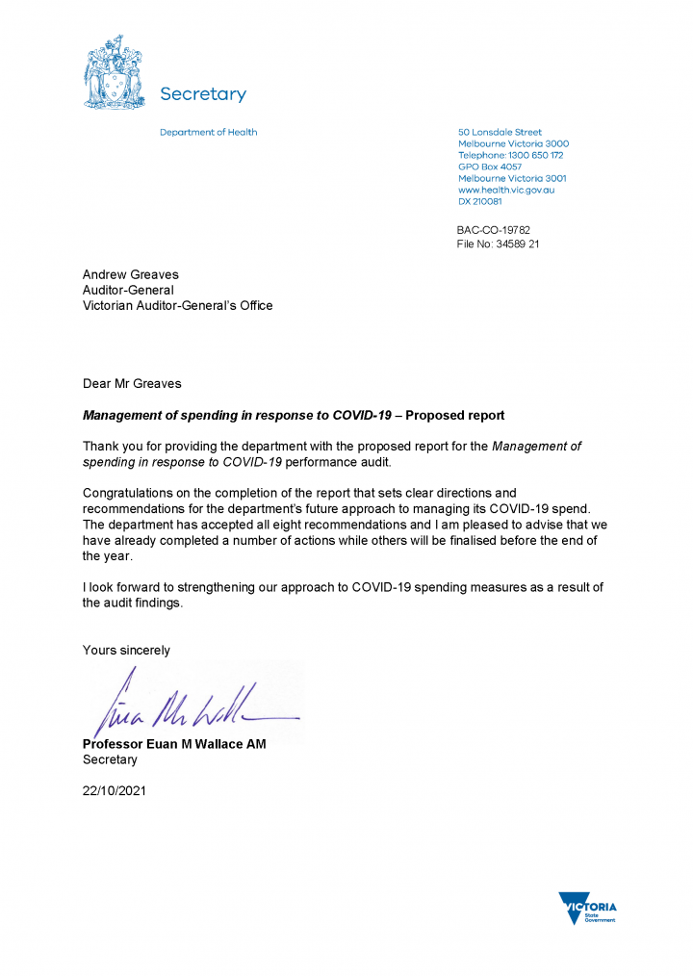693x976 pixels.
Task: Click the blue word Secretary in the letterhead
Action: (x=202, y=94)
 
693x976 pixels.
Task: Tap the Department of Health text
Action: (x=208, y=132)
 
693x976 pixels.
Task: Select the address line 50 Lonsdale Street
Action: (x=500, y=132)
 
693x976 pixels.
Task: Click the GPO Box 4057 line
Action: (x=490, y=167)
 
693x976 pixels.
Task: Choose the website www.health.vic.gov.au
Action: (x=506, y=190)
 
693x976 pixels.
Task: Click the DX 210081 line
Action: (x=479, y=202)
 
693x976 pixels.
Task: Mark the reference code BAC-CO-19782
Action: (x=493, y=230)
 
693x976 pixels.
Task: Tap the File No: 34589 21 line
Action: (x=498, y=244)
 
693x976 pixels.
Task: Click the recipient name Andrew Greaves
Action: (x=130, y=274)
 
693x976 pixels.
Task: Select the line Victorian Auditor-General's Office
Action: (x=177, y=305)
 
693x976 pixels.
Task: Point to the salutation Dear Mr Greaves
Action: (x=132, y=383)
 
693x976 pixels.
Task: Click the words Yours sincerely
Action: (x=126, y=650)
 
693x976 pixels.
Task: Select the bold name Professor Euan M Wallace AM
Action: (x=174, y=744)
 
